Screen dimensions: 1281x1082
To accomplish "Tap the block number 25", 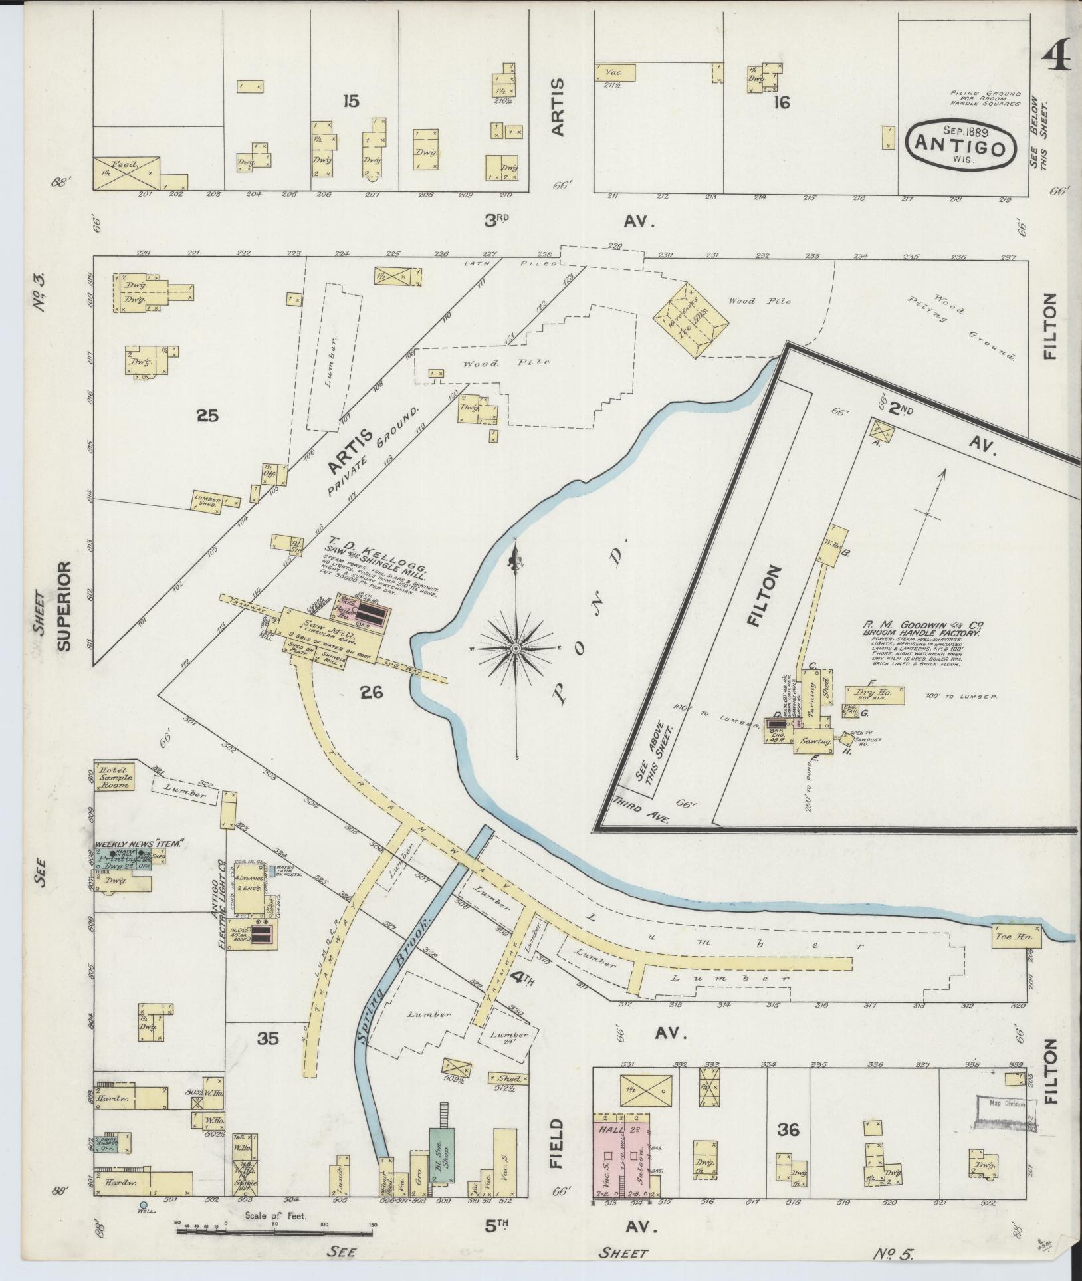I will click(207, 416).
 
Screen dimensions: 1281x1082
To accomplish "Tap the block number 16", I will click(782, 104).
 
